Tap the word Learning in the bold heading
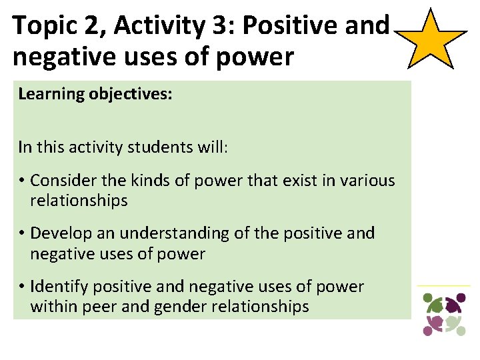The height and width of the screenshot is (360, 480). tap(49, 94)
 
